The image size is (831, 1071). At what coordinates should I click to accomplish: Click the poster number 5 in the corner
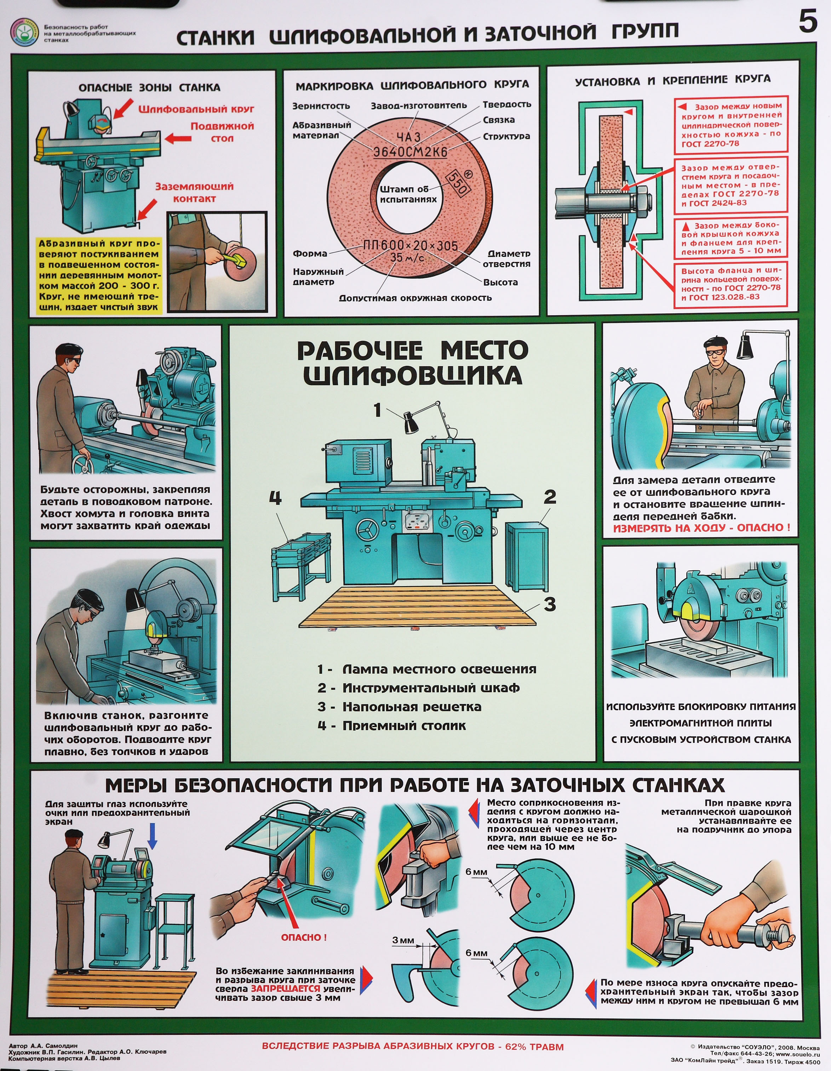[x=808, y=22]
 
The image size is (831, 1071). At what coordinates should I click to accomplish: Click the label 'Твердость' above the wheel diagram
[x=506, y=104]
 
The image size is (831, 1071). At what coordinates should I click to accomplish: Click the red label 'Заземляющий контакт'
[x=194, y=192]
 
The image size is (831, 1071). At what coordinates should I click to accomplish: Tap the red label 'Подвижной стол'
[x=222, y=132]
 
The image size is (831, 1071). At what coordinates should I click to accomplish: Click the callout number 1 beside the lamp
[x=377, y=410]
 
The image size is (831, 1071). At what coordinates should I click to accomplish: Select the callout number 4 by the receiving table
[x=276, y=498]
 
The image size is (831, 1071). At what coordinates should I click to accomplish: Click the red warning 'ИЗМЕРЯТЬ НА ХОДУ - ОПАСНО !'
[x=701, y=528]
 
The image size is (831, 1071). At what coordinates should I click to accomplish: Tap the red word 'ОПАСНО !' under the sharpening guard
[x=303, y=938]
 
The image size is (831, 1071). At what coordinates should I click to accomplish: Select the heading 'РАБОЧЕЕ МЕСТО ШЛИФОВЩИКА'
[x=412, y=363]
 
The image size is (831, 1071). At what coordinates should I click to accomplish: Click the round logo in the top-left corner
[x=23, y=32]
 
